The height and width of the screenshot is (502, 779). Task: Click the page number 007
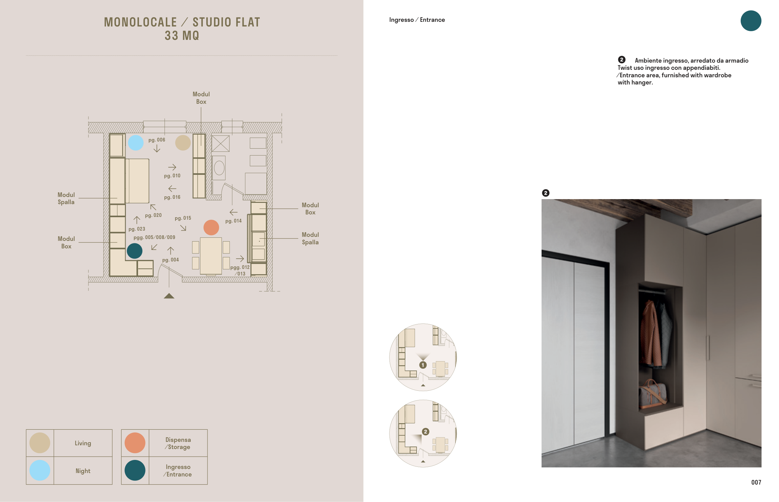click(756, 482)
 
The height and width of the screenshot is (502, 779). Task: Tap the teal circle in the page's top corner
click(751, 21)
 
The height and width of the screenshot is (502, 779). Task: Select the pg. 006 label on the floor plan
click(157, 140)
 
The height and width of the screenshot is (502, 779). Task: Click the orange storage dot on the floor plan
click(211, 227)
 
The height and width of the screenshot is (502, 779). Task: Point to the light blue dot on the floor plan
click(136, 143)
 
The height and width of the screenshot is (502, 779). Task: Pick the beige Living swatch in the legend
click(40, 443)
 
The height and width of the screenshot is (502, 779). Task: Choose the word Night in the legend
click(83, 471)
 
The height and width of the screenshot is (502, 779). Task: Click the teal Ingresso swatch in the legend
click(135, 470)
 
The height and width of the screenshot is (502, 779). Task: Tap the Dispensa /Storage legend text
click(178, 443)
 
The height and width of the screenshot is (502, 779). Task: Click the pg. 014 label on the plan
click(233, 221)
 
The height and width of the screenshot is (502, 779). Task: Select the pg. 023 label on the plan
click(137, 229)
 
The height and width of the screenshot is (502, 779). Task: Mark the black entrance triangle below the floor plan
click(169, 296)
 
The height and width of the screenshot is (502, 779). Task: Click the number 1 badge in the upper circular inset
click(423, 365)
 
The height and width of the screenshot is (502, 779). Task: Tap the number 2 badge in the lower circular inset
click(425, 432)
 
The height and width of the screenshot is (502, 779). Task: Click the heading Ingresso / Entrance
click(417, 20)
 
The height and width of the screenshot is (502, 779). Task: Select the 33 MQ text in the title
click(182, 36)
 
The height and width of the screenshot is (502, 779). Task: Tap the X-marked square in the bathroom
click(221, 143)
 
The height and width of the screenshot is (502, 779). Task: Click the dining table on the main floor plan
click(211, 256)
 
